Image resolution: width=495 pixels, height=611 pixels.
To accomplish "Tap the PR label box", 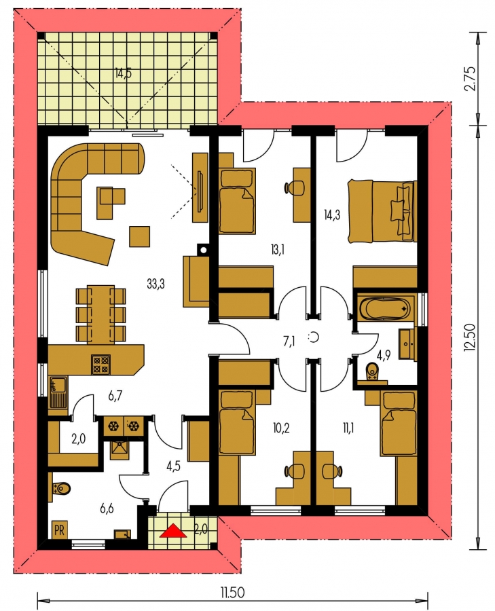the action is tap(59, 530).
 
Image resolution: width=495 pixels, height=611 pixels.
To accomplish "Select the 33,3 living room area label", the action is tap(155, 284).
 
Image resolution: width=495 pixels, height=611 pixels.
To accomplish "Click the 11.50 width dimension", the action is tap(233, 593).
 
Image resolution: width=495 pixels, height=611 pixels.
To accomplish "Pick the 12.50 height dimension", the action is tap(471, 338).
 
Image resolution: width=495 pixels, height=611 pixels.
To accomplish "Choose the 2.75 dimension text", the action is tap(471, 79).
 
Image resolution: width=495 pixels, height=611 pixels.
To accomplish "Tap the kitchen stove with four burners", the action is tap(100, 364).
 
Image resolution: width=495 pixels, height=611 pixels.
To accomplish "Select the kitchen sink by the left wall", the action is tap(58, 392).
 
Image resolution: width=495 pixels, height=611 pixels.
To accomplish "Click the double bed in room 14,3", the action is tap(382, 210).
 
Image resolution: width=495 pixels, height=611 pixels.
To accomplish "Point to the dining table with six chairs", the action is tap(100, 315).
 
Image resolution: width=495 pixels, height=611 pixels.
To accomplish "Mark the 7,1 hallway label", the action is tap(289, 341).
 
